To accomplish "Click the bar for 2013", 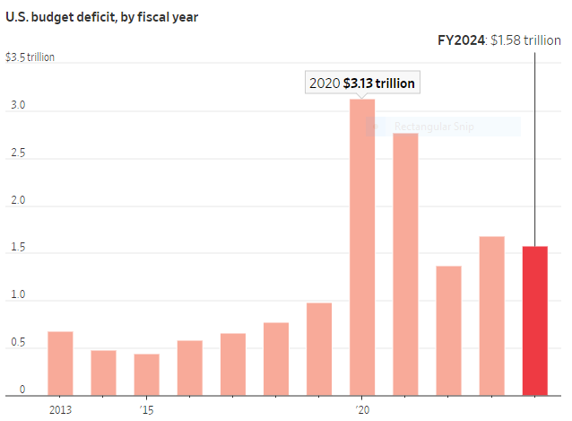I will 60,364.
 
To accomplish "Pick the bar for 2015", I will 146,374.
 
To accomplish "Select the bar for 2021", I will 405,264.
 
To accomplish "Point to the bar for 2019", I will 319,349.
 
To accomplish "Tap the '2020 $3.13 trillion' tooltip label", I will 361,83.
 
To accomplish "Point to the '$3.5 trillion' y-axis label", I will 30,57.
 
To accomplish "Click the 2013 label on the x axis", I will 60,409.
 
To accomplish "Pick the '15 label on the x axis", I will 146,409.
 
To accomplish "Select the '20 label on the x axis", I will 362,409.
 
